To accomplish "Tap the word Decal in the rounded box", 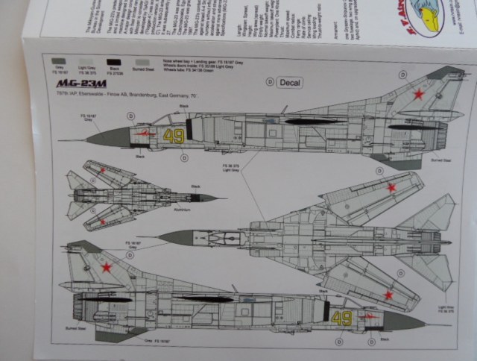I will click(289, 82).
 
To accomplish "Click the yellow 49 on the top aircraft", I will click(174, 136).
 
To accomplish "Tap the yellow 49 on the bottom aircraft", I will click(342, 318).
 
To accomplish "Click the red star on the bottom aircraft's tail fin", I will click(107, 266).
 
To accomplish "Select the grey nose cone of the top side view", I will click(110, 136).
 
